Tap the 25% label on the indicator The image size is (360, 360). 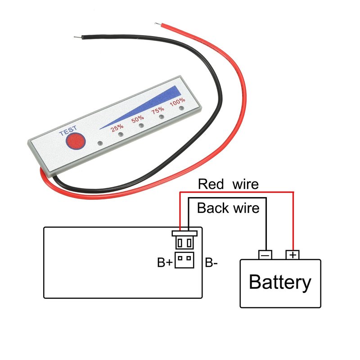(x=118, y=127)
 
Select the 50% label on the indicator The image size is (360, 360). (x=138, y=119)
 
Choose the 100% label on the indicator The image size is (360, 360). (x=177, y=102)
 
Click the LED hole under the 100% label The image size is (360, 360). (x=181, y=108)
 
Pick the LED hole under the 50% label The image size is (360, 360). (x=141, y=126)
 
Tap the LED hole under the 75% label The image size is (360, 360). (x=161, y=117)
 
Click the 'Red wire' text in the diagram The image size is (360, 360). (x=228, y=184)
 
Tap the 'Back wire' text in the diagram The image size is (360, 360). (x=228, y=208)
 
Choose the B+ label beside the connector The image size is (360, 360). (x=165, y=262)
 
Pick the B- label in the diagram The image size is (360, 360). (x=211, y=262)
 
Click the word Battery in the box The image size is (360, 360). (x=280, y=282)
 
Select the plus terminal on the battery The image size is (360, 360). (x=293, y=255)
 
